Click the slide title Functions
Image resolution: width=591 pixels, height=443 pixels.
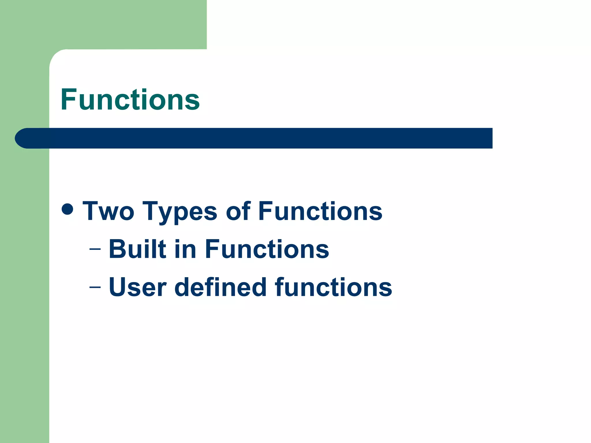pos(130,100)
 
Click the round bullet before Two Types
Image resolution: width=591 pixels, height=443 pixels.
pos(67,209)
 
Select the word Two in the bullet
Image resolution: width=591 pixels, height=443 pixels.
pos(109,211)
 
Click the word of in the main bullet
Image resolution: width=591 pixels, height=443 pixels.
pos(238,211)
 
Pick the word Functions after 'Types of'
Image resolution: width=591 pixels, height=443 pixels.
pos(320,211)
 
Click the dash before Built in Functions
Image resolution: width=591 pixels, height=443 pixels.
pos(95,249)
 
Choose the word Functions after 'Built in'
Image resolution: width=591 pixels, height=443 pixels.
pos(267,249)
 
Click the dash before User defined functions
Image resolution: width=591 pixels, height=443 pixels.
pos(95,287)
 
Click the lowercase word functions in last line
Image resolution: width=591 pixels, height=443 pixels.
pos(333,287)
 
